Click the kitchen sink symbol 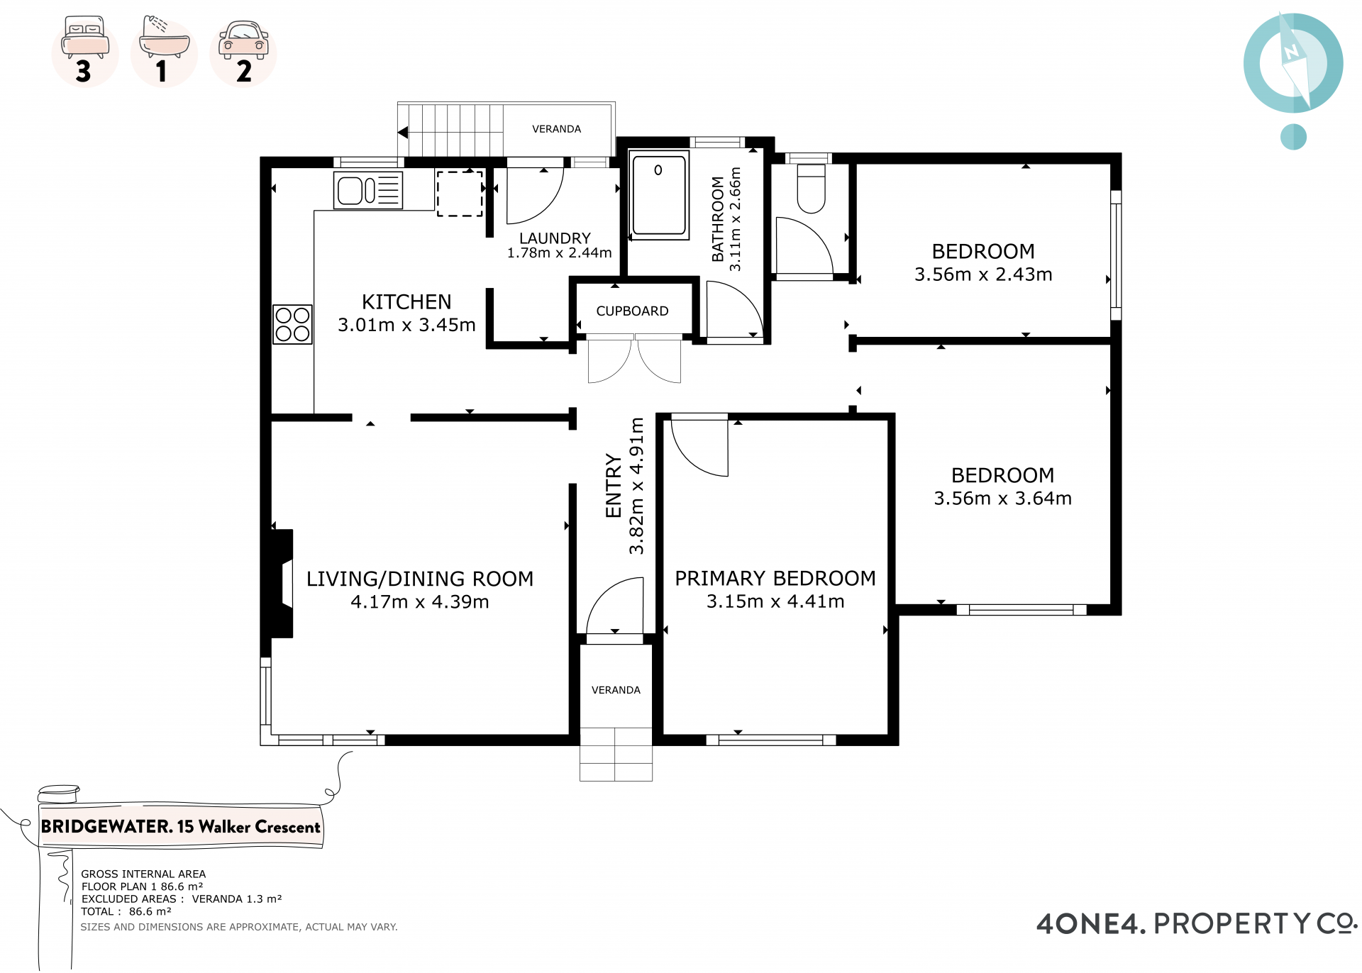coord(368,190)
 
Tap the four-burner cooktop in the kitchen coord(292,324)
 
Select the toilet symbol coord(811,189)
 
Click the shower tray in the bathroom coord(659,195)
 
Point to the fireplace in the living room coord(280,583)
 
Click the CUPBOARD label coord(632,311)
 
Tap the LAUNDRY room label coord(555,238)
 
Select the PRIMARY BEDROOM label coord(775,579)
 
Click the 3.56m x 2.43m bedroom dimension coord(983,274)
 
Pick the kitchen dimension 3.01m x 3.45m coord(406,325)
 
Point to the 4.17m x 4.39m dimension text coord(420,602)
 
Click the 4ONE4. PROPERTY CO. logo coord(1197,923)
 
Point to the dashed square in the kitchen coord(460,193)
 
